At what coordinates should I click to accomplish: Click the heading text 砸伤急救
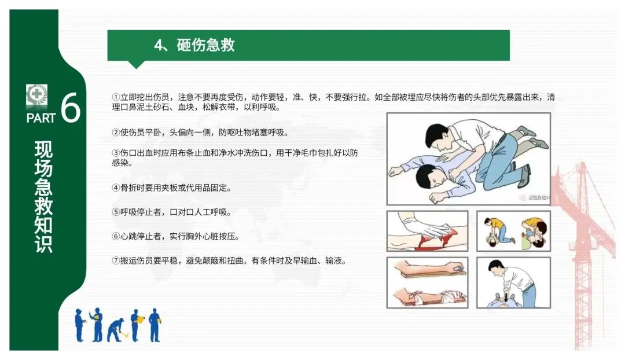coord(205,45)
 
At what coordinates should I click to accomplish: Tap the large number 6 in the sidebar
coord(71,107)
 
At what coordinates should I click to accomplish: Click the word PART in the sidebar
coord(41,119)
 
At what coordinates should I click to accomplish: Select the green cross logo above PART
coord(36,94)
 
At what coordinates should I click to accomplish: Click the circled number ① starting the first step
coord(116,97)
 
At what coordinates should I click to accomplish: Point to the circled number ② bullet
coord(116,133)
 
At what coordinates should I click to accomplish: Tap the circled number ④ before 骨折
coord(116,188)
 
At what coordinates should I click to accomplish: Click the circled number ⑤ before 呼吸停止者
coord(116,212)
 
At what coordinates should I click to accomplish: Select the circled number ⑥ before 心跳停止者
coord(116,236)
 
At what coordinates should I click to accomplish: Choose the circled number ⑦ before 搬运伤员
coord(116,260)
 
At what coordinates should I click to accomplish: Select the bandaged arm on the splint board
coord(428,296)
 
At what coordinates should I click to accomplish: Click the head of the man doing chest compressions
coord(497,269)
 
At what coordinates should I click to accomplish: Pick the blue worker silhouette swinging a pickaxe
coord(116,330)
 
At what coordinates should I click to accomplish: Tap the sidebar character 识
coord(43,243)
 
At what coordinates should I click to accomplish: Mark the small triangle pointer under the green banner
coord(136,65)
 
